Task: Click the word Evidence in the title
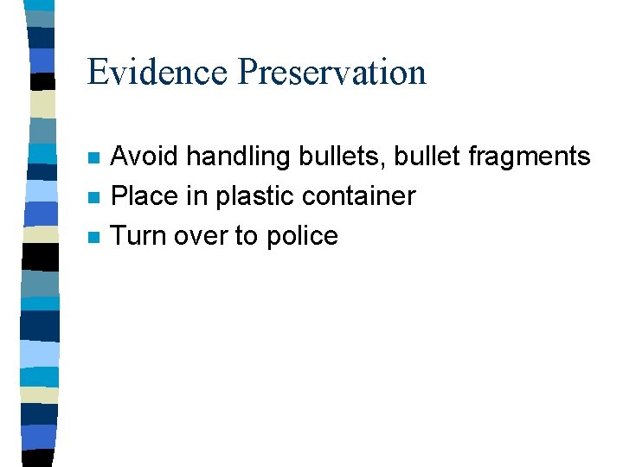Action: pos(158,72)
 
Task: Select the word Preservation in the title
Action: pos(332,72)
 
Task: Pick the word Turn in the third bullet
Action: pos(139,236)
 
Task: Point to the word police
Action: pos(302,236)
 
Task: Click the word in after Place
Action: pos(198,196)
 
